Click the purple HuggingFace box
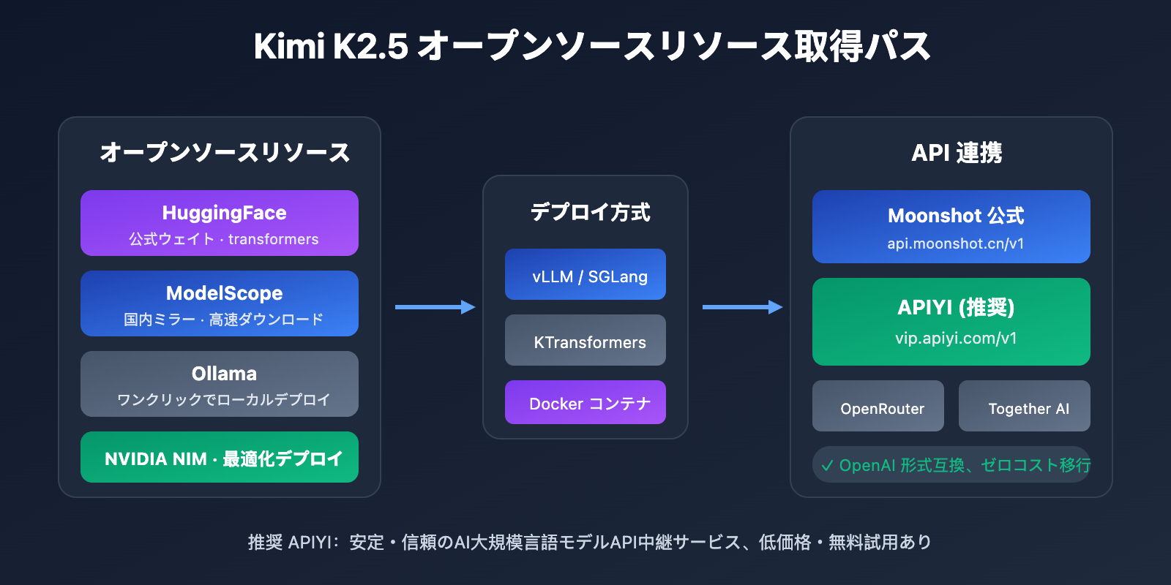click(x=220, y=223)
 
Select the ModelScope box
click(x=220, y=303)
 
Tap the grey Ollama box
click(x=220, y=384)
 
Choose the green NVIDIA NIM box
click(x=220, y=457)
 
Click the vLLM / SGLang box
click(x=585, y=274)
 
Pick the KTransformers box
click(x=585, y=340)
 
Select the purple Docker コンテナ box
click(x=585, y=402)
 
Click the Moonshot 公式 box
click(x=951, y=227)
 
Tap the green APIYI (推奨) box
click(x=951, y=322)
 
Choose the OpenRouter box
click(x=878, y=406)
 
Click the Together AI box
click(x=1025, y=406)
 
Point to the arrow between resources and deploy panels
click(x=435, y=307)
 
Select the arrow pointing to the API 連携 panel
click(x=743, y=307)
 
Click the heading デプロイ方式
click(x=590, y=212)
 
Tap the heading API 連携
click(x=956, y=153)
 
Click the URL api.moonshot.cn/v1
click(x=955, y=244)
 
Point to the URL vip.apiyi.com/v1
click(x=955, y=339)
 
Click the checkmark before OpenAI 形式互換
click(x=827, y=466)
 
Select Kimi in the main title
click(x=288, y=46)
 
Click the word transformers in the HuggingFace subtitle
click(x=273, y=239)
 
